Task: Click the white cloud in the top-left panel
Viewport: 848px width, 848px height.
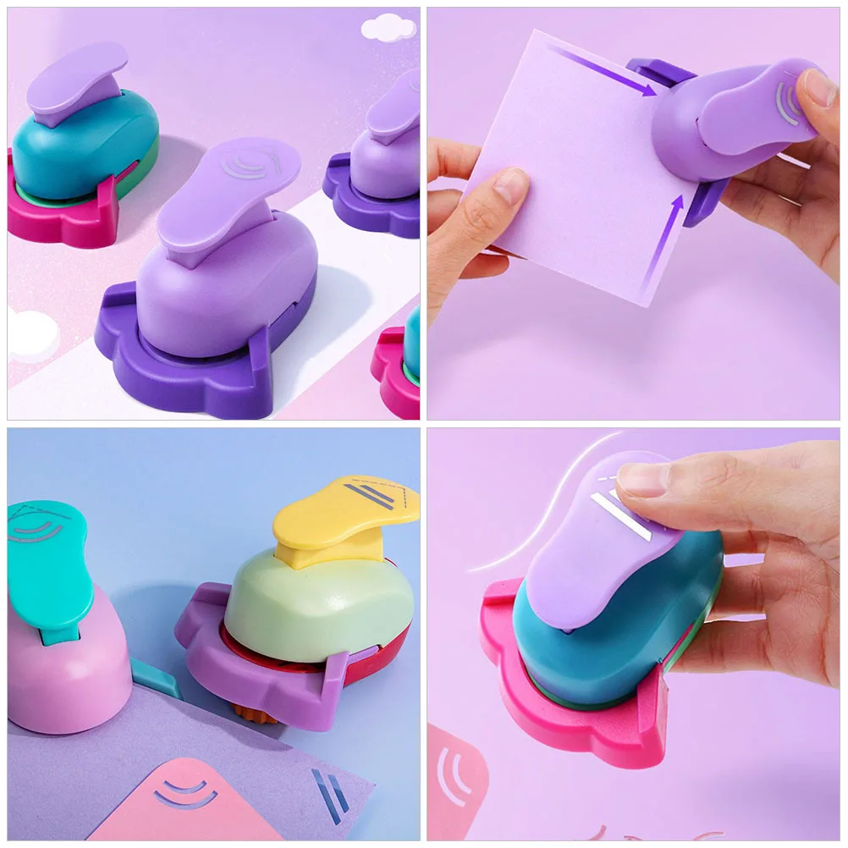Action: click(388, 28)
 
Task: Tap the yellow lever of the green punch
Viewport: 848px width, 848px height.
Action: click(339, 521)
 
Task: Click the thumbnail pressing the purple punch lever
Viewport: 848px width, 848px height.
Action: click(817, 87)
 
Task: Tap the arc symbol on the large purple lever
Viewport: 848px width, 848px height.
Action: click(245, 163)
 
